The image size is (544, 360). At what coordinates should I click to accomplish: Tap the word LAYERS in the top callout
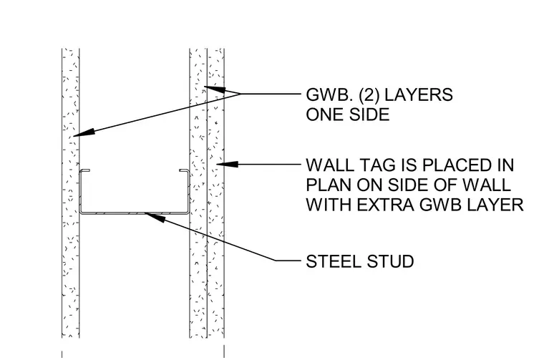tap(419, 94)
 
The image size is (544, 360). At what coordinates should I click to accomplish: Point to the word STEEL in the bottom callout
tap(334, 261)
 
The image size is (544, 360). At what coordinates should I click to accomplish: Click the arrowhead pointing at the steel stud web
tap(155, 217)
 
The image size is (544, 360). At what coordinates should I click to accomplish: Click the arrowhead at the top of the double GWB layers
tap(215, 89)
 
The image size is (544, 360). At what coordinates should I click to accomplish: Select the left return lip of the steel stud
tap(85, 170)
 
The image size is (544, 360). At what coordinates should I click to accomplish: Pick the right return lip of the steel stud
tap(184, 170)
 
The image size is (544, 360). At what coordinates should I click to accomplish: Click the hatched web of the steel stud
tap(135, 213)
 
